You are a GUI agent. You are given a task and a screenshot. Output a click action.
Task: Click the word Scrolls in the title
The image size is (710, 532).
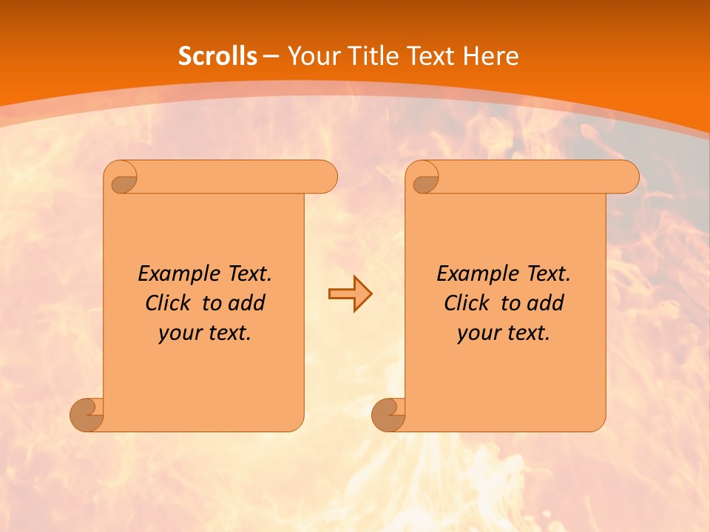tap(217, 56)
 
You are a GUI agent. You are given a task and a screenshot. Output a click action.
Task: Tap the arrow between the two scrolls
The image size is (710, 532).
tap(350, 294)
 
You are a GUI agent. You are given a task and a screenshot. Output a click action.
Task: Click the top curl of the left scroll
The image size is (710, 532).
tap(122, 178)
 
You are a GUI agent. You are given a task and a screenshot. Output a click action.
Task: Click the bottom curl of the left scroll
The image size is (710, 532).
tap(87, 414)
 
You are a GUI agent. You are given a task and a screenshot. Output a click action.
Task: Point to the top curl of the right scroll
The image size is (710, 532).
tap(424, 178)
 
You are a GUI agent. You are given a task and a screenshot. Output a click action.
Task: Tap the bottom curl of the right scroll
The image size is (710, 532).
tap(389, 414)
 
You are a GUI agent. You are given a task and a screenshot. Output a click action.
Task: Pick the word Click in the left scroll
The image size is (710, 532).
tap(169, 303)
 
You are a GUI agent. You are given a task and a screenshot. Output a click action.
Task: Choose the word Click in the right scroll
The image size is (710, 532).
tap(467, 303)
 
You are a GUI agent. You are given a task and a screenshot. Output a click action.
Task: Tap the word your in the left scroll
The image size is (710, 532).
tap(179, 333)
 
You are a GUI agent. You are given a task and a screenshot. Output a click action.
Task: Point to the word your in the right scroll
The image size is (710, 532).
tap(478, 333)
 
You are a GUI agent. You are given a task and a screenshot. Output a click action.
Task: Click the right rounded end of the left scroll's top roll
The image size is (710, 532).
tap(325, 177)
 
